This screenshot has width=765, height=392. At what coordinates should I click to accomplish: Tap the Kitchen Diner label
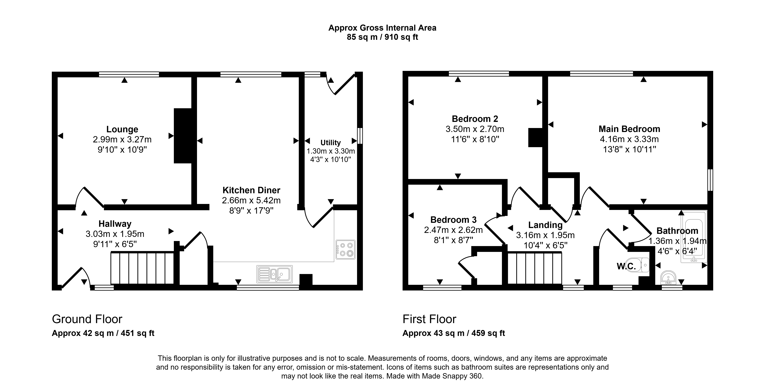[251, 190]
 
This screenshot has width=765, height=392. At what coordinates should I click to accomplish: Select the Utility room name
[331, 143]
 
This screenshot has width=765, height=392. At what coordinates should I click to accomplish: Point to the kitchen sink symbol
[274, 274]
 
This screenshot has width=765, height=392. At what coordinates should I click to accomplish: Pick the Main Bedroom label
[629, 129]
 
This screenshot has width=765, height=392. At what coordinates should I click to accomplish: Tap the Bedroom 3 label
[453, 220]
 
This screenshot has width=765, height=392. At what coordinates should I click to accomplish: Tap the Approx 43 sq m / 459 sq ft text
[453, 333]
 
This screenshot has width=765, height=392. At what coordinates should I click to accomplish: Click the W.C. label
[626, 266]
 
